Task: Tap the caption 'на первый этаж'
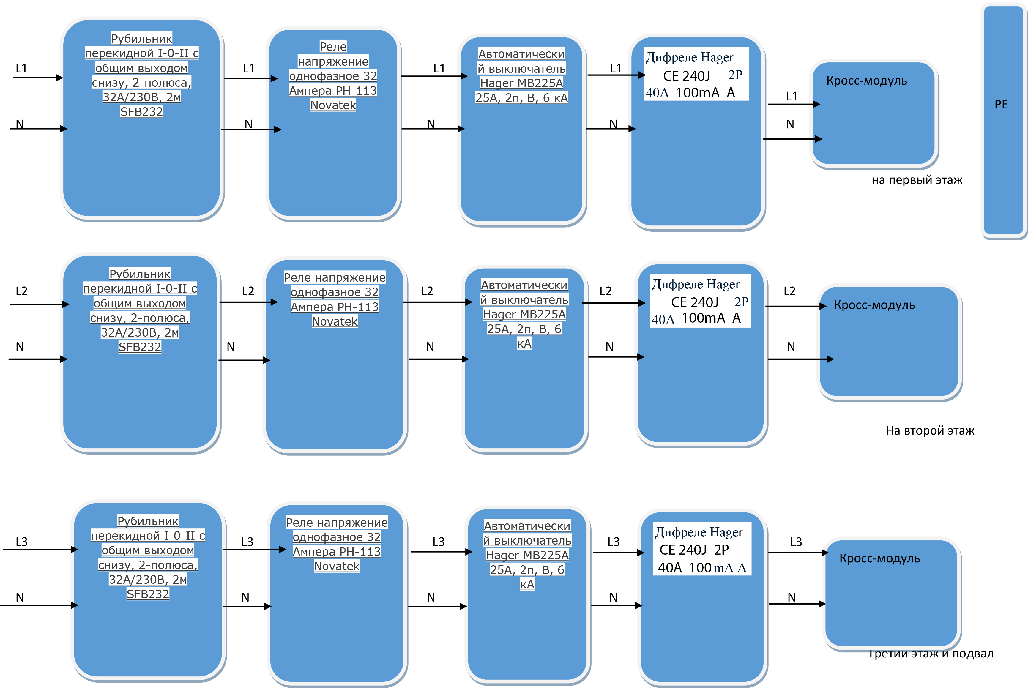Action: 917,180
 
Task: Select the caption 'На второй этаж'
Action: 930,430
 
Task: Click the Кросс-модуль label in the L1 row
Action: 867,81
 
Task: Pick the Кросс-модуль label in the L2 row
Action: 874,305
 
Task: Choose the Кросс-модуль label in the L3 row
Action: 880,558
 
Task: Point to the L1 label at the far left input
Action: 21,68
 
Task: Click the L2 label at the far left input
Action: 21,291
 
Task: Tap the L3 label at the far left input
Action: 21,542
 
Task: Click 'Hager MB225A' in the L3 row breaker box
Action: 527,555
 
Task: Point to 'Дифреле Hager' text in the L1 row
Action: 689,57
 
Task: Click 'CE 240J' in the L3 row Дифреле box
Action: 683,550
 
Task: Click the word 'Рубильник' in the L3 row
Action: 148,521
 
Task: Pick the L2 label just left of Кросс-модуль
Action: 789,291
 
